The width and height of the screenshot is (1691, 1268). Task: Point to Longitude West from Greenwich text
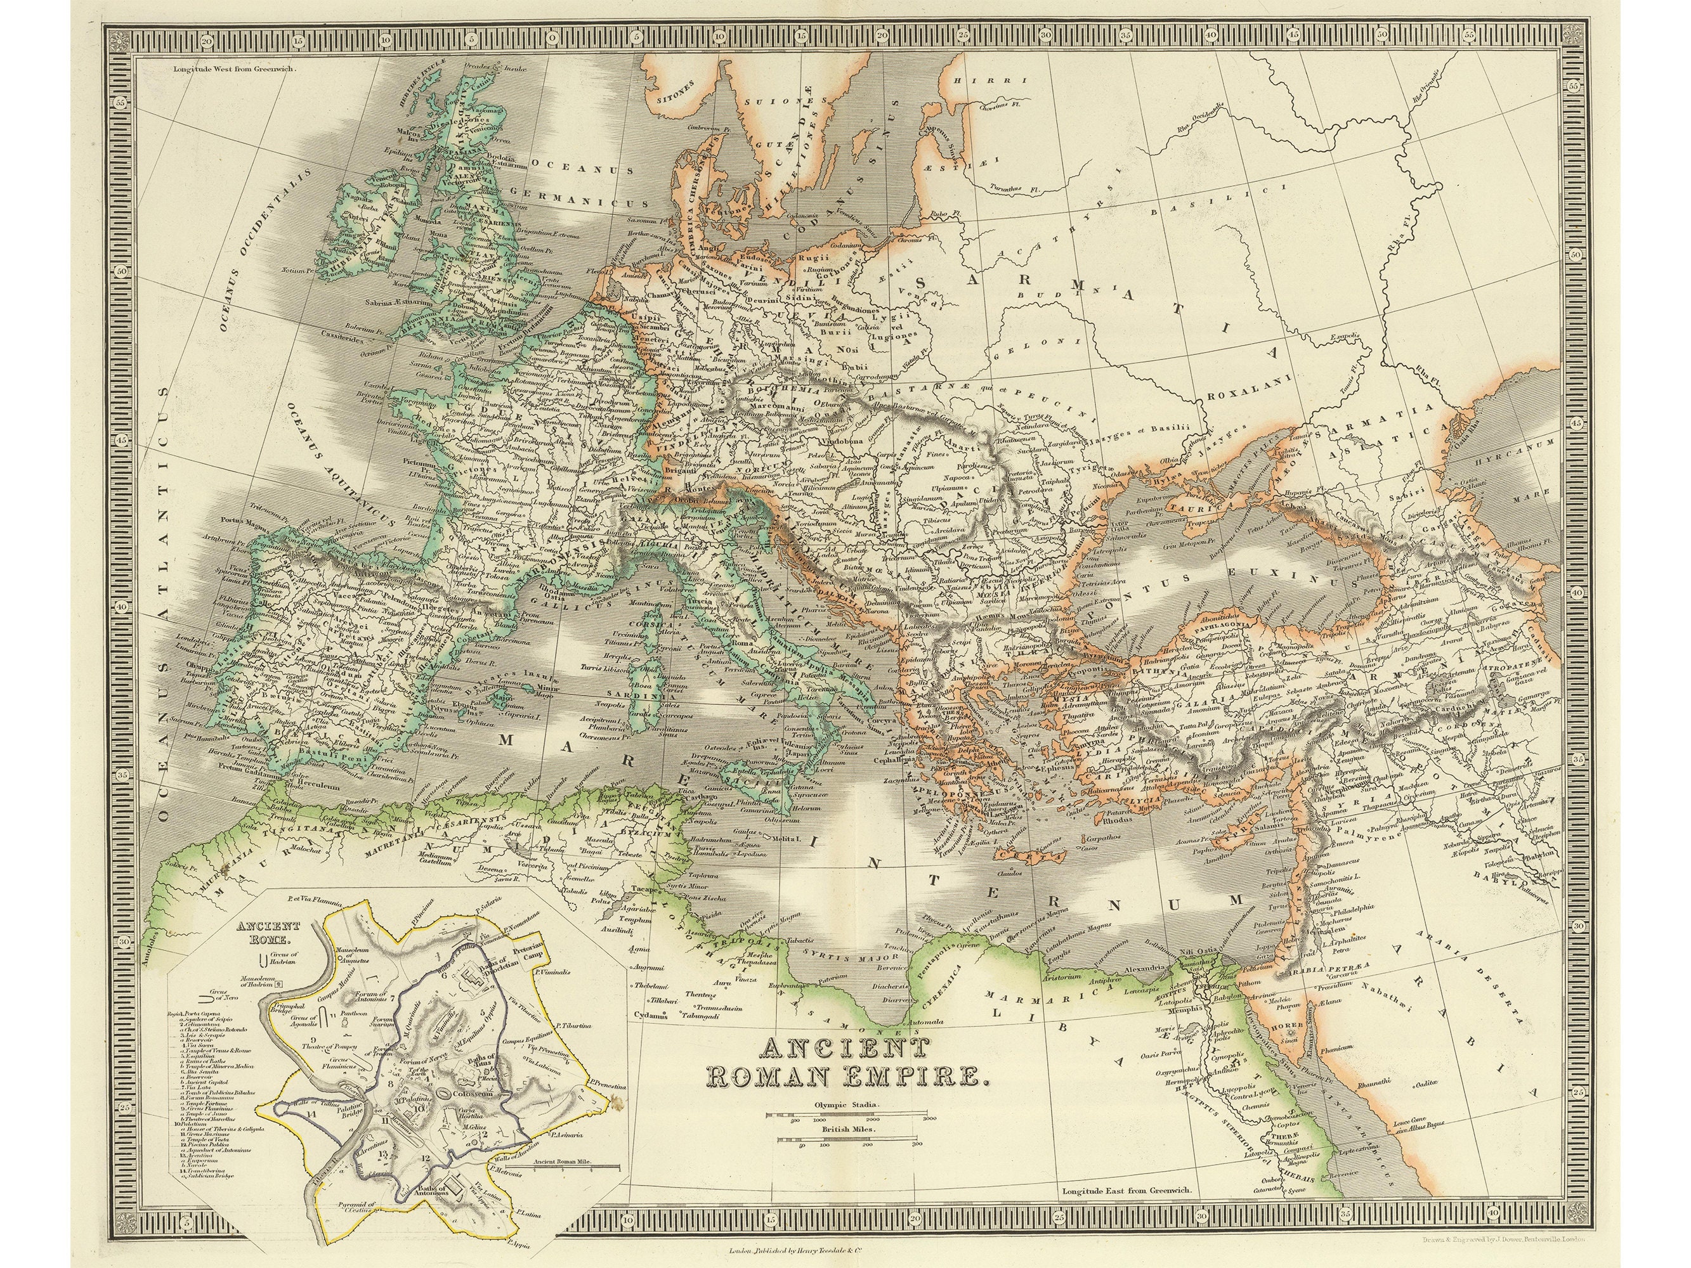233,68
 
